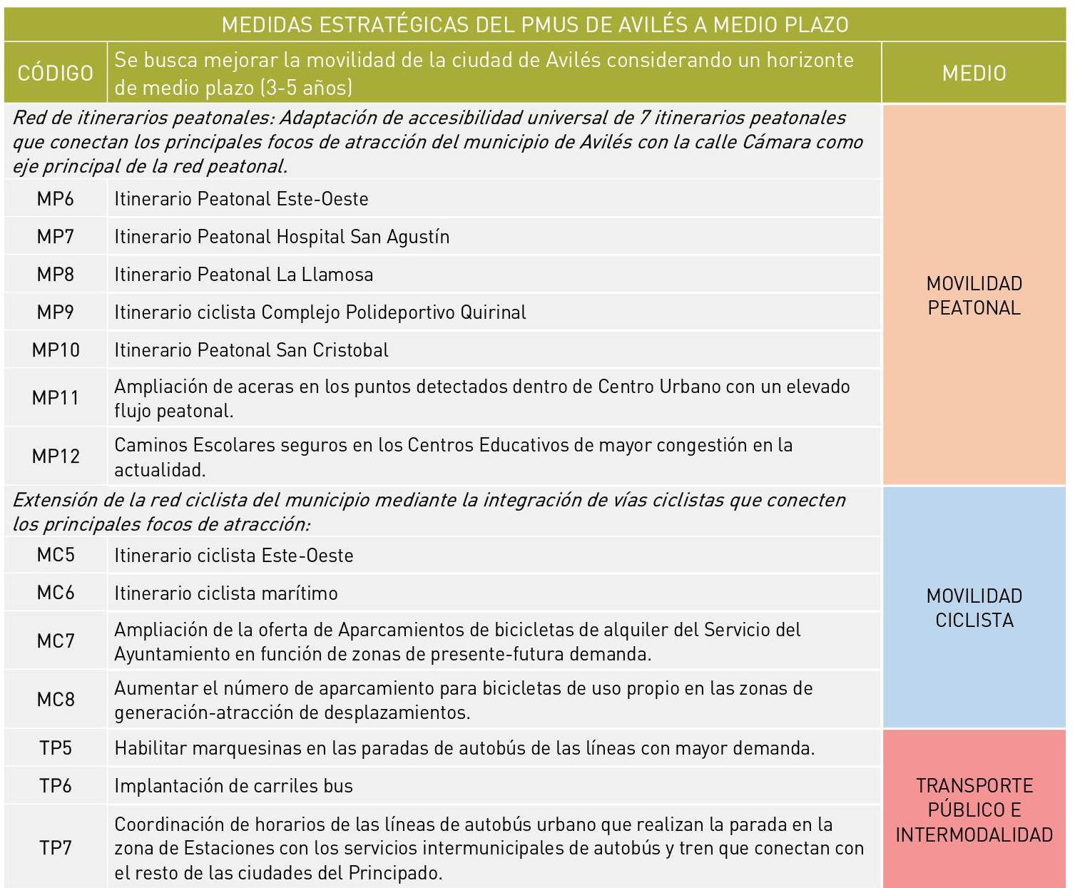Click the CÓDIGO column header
click(55, 73)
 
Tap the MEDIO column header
click(974, 73)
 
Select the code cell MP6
click(55, 198)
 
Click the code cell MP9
click(55, 312)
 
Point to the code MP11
click(55, 397)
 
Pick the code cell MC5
click(55, 555)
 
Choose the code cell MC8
click(55, 699)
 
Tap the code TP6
click(55, 785)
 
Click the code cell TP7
click(55, 847)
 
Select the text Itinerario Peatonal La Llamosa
click(243, 275)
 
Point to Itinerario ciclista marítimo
click(225, 593)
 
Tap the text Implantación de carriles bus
click(233, 786)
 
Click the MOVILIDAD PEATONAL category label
click(974, 295)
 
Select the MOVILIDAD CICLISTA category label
click(974, 608)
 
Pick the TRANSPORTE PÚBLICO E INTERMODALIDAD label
click(974, 810)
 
